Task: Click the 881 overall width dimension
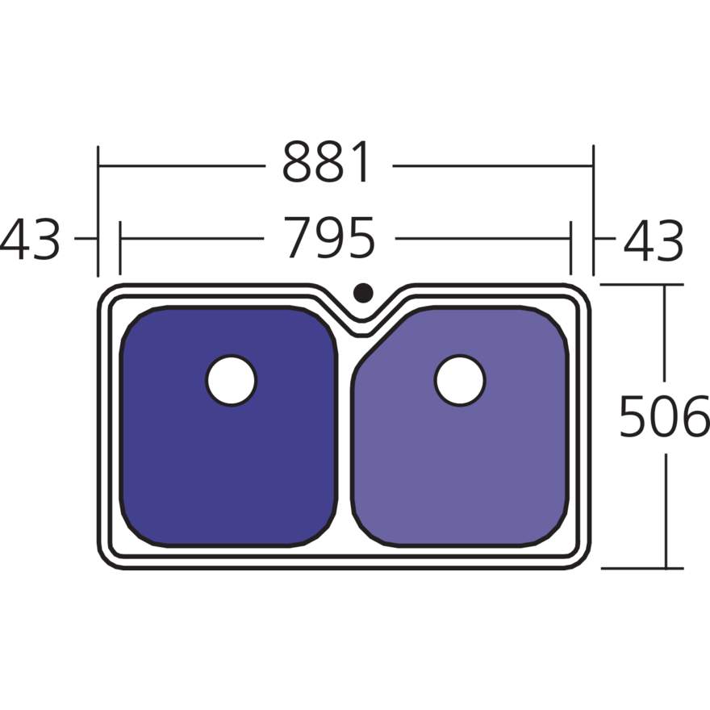pos(328,163)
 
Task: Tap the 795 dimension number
pos(331,239)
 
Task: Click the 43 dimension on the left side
pos(31,240)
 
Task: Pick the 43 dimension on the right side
pos(654,240)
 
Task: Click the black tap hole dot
pos(363,292)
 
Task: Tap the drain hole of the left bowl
pos(232,380)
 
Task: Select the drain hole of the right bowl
pos(460,380)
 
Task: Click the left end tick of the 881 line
pos(98,165)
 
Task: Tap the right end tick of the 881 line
pos(593,165)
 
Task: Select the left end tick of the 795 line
pos(119,240)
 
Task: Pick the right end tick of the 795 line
pos(571,240)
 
